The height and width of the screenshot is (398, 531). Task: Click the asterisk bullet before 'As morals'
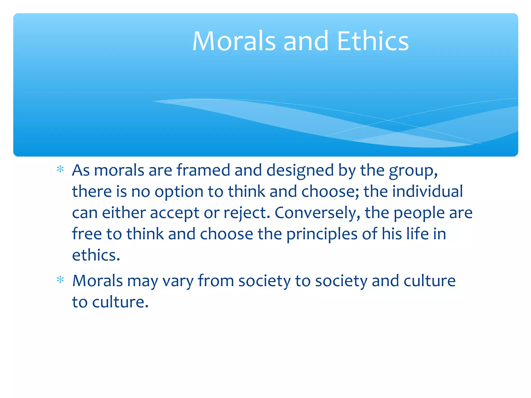pos(60,169)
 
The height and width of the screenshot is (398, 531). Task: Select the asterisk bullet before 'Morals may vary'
pos(60,280)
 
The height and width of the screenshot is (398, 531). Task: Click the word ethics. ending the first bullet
pos(96,255)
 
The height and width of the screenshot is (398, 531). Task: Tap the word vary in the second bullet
pos(178,281)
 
